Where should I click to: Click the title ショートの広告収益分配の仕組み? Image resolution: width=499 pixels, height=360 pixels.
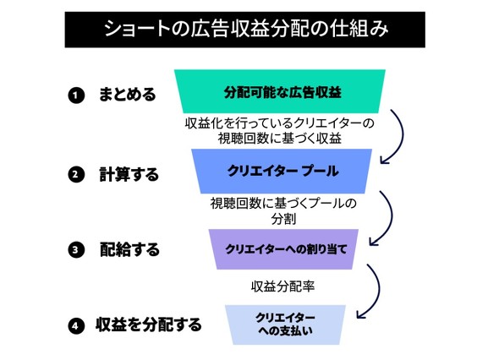tap(245, 30)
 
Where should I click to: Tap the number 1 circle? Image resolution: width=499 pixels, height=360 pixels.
tap(76, 95)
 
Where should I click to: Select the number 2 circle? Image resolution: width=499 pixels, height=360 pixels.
tap(76, 175)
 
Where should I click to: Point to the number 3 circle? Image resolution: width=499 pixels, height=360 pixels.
tap(76, 249)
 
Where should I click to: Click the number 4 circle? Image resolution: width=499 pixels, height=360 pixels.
tap(76, 325)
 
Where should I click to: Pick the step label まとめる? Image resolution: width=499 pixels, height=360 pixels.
tap(128, 95)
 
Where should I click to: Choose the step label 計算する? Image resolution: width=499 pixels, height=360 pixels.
tap(129, 174)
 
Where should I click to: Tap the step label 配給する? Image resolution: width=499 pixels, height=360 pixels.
tap(129, 249)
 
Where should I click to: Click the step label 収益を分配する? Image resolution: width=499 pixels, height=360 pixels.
tap(149, 325)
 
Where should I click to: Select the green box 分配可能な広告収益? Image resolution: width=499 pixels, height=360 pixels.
tap(280, 91)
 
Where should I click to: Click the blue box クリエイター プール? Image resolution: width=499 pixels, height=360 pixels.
tap(282, 171)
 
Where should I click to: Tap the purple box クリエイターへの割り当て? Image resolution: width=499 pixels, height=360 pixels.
tap(284, 249)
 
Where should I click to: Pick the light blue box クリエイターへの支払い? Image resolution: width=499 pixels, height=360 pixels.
tap(285, 325)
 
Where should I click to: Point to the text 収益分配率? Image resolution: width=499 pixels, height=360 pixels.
tap(283, 286)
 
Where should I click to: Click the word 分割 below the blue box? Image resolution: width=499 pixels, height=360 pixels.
tap(283, 219)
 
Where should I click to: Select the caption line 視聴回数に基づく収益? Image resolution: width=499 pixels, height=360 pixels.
tap(280, 139)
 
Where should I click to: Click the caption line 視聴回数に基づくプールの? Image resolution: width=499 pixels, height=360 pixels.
tap(283, 204)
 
